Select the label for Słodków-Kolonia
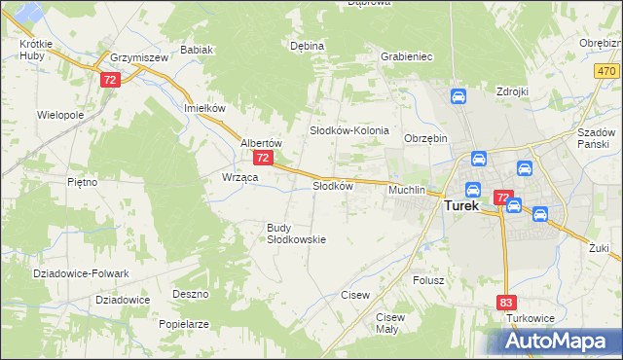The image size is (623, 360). pyautogui.click(x=349, y=130)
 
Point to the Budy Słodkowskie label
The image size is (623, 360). pyautogui.click(x=296, y=234)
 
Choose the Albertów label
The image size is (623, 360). pyautogui.click(x=261, y=142)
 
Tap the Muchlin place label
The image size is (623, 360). pyautogui.click(x=407, y=190)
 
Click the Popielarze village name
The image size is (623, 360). pyautogui.click(x=184, y=323)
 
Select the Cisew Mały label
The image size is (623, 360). pyautogui.click(x=390, y=323)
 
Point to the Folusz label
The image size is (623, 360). pyautogui.click(x=428, y=280)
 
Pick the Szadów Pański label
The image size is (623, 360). pyautogui.click(x=598, y=137)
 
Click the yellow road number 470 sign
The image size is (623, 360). pyautogui.click(x=606, y=72)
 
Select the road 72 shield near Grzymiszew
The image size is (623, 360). pyautogui.click(x=110, y=80)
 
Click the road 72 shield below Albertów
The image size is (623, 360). pyautogui.click(x=262, y=158)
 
